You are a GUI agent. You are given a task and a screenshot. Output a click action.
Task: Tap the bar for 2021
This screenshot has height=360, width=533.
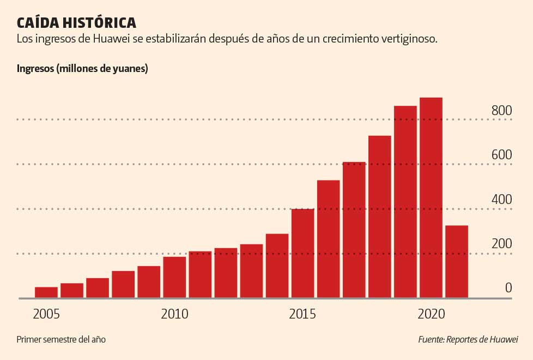point(457,261)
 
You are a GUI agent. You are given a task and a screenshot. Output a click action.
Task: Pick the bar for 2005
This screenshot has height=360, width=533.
point(46,292)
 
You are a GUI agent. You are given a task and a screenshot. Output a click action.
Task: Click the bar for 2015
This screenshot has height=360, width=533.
point(302,253)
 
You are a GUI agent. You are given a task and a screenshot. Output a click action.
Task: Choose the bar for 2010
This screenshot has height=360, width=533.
point(174,277)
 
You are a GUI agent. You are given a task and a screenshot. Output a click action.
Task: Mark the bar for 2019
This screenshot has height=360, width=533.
point(405,202)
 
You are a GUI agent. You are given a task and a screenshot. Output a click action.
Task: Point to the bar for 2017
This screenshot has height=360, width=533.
point(354,230)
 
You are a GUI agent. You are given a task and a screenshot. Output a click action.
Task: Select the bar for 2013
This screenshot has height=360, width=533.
point(251,271)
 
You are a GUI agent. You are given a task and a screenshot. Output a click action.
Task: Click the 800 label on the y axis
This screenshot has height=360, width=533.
point(501,111)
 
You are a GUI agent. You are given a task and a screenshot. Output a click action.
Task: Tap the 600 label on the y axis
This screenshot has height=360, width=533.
point(501,155)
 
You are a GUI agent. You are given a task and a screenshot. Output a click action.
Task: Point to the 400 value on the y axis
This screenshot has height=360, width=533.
point(501,200)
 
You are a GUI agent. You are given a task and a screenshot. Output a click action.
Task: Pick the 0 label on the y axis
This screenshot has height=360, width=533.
point(508,288)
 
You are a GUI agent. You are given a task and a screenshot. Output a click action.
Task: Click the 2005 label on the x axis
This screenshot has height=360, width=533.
point(46,314)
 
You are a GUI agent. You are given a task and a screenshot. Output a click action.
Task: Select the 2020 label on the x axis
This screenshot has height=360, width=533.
point(432,314)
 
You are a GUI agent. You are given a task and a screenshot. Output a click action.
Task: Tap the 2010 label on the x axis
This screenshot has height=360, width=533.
point(174,314)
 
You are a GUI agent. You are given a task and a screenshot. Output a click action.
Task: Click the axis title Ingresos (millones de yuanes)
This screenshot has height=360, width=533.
point(82,69)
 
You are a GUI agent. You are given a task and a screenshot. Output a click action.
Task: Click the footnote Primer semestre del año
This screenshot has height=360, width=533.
point(61,339)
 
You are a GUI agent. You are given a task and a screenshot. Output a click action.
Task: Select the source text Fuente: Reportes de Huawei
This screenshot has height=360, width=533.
point(468,339)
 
